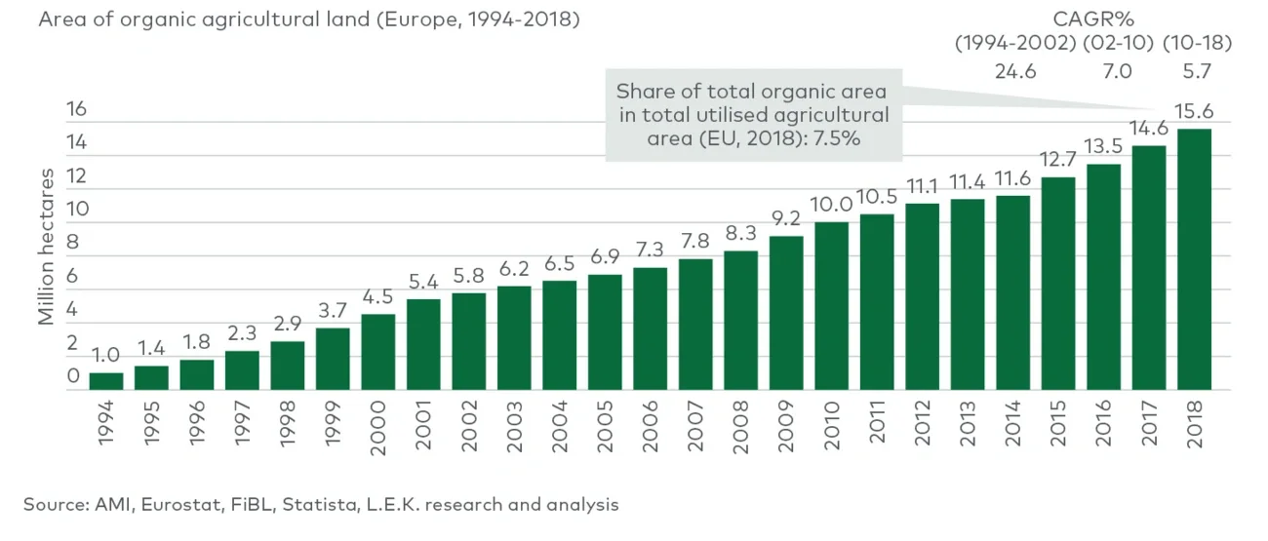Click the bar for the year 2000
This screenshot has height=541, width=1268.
pyautogui.click(x=377, y=352)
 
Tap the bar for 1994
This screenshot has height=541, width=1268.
pyautogui.click(x=106, y=381)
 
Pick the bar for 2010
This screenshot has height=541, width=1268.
pyautogui.click(x=831, y=306)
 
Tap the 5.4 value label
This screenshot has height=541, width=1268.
pyautogui.click(x=423, y=283)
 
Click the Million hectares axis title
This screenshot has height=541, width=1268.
pyautogui.click(x=47, y=246)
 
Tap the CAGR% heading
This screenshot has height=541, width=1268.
pyautogui.click(x=1092, y=18)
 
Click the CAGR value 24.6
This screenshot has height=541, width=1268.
pyautogui.click(x=1014, y=70)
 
